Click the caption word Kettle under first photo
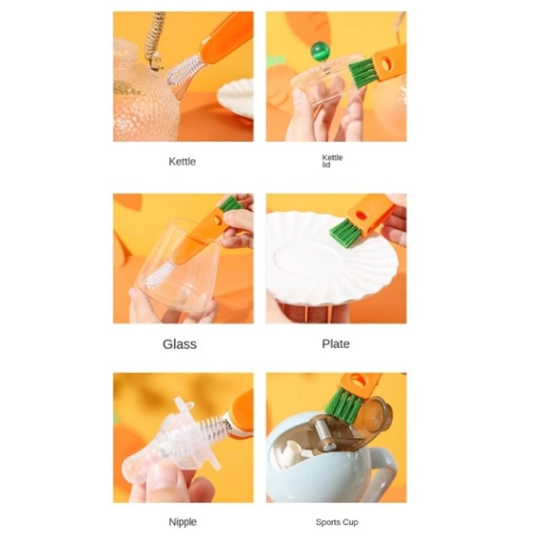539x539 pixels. pyautogui.click(x=182, y=162)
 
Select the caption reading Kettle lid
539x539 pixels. pyautogui.click(x=332, y=161)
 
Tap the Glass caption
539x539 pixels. pyautogui.click(x=180, y=344)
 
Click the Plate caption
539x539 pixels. pyautogui.click(x=336, y=344)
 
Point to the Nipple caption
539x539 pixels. pyautogui.click(x=182, y=521)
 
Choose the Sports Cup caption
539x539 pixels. pyautogui.click(x=337, y=522)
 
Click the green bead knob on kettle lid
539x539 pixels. pyautogui.click(x=317, y=52)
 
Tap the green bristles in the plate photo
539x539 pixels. pyautogui.click(x=346, y=230)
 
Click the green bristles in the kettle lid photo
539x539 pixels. pyautogui.click(x=362, y=70)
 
